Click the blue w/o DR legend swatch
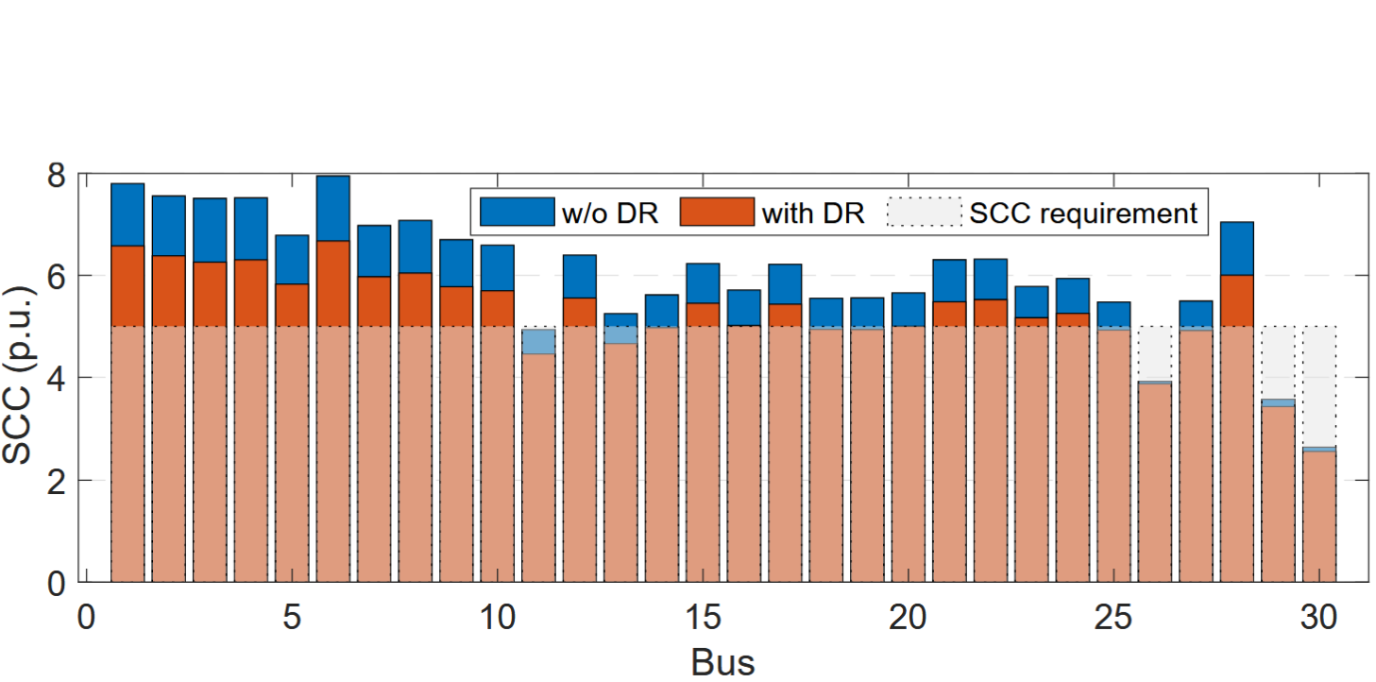pyautogui.click(x=517, y=212)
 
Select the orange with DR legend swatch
pyautogui.click(x=717, y=212)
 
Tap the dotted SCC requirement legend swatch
pyautogui.click(x=924, y=212)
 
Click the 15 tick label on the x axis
pyautogui.click(x=703, y=619)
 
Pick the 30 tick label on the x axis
pyautogui.click(x=1319, y=619)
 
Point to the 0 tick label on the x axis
pyautogui.click(x=86, y=619)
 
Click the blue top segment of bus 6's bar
pyautogui.click(x=333, y=208)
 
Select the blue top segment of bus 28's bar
pyautogui.click(x=1237, y=248)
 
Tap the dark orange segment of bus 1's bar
pyautogui.click(x=127, y=286)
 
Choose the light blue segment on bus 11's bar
pyautogui.click(x=538, y=341)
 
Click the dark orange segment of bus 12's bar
pyautogui.click(x=580, y=312)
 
